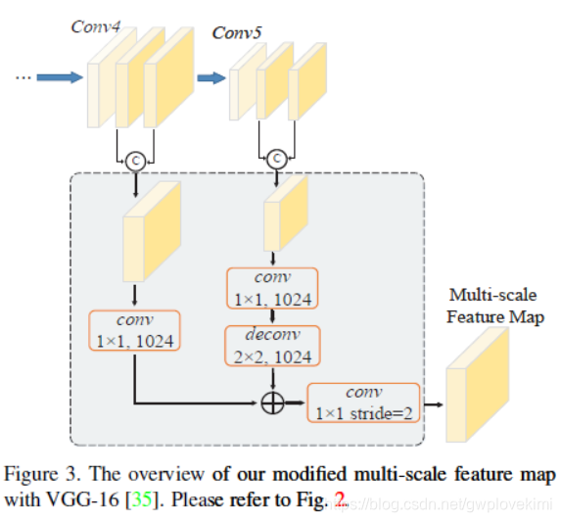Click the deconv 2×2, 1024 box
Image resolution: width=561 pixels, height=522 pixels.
tap(271, 346)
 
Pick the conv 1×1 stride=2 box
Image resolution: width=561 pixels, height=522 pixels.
tap(363, 403)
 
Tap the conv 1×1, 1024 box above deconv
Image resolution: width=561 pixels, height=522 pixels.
tap(271, 288)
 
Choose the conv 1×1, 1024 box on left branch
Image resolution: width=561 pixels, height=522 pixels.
tap(134, 332)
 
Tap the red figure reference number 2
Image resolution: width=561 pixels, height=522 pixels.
tap(340, 499)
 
